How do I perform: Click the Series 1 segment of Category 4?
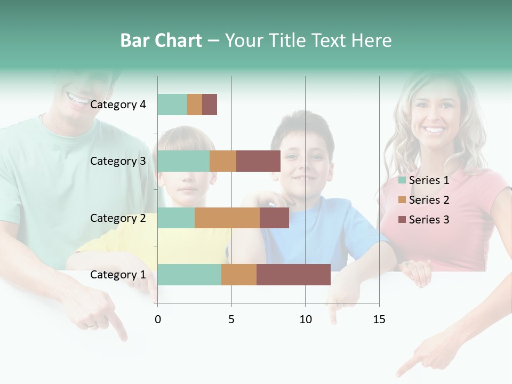tap(172, 105)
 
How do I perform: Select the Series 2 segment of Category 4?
tap(195, 105)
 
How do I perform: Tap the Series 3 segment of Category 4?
tap(210, 105)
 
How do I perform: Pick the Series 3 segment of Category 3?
tap(258, 161)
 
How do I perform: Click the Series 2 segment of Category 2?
tap(227, 218)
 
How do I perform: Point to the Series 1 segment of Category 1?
tap(189, 275)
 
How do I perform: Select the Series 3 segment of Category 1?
tap(293, 275)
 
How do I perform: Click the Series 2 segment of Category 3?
tap(223, 161)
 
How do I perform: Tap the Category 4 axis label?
tap(118, 105)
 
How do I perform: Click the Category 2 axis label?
tap(118, 218)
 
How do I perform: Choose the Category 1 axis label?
tap(118, 275)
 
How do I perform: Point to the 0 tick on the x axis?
tap(158, 319)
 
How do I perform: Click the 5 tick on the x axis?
tap(231, 319)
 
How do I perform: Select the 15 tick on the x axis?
tap(379, 319)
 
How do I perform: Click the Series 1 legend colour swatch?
tap(402, 180)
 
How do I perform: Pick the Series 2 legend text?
tap(429, 200)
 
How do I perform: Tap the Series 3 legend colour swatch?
tap(402, 220)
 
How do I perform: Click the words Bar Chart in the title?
tap(161, 41)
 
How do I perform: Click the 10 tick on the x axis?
tap(305, 319)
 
